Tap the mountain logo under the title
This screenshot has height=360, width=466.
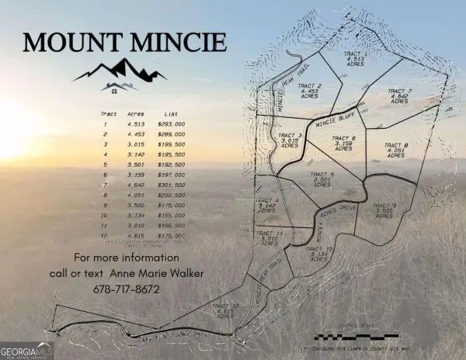121,74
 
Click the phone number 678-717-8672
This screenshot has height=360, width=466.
127,289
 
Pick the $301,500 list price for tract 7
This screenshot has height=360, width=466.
171,185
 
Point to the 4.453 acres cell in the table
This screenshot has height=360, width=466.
135,134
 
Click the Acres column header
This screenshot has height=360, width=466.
136,112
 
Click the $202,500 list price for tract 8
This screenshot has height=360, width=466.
171,196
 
